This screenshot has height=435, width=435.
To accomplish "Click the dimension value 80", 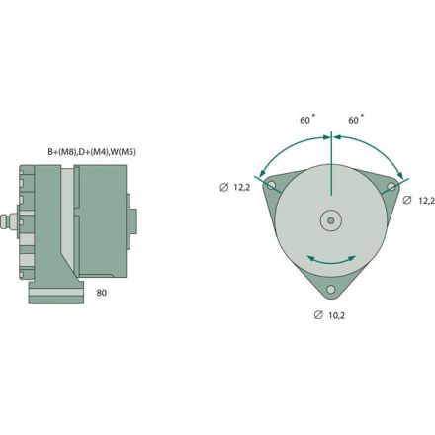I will click(x=102, y=294).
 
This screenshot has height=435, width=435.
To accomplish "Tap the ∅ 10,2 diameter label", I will click(x=330, y=315).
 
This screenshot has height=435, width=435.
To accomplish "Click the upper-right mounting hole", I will click(x=392, y=185).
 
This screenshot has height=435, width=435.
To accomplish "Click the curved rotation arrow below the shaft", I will click(x=331, y=259).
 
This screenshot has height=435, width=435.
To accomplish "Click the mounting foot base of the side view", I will click(x=54, y=293).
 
